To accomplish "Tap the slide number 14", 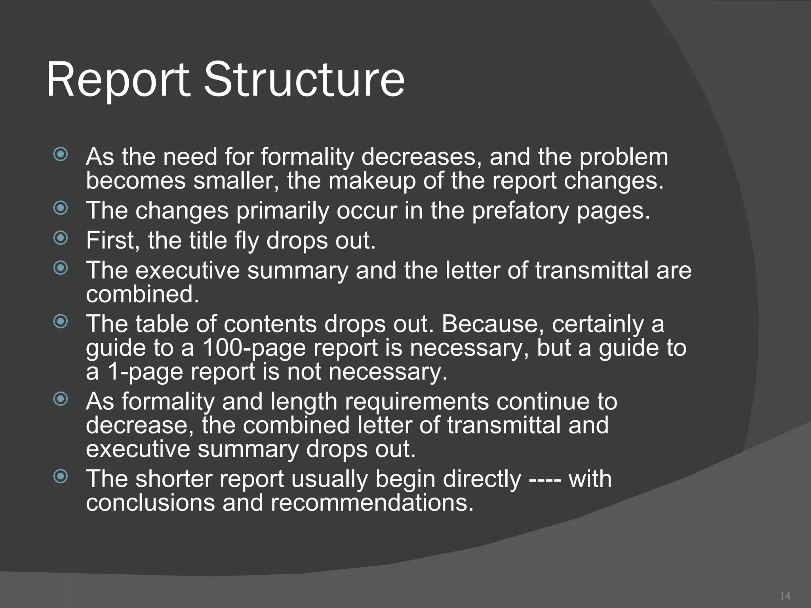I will tap(785, 595).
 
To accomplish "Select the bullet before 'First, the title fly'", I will tap(61, 237).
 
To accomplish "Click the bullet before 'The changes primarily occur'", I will tap(61, 207).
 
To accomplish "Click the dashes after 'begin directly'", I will tap(544, 479).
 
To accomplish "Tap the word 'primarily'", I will tap(283, 211).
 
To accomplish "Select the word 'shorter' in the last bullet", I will tap(174, 479).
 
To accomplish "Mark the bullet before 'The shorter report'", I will tap(61, 476).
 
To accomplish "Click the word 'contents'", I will tap(270, 324).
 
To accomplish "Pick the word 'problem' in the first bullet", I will tap(623, 157).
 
